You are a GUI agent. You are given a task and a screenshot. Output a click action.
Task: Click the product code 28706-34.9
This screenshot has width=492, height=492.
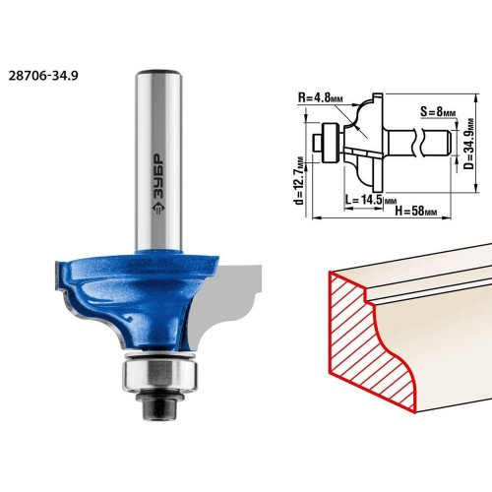click(43, 76)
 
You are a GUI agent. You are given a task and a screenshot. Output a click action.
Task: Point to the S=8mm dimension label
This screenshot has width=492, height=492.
click(438, 112)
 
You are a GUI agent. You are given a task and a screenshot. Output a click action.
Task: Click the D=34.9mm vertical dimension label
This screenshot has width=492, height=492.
click(469, 144)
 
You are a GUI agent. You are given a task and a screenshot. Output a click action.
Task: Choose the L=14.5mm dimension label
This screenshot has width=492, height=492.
click(371, 200)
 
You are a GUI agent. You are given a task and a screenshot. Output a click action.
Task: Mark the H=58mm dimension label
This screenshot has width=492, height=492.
click(416, 211)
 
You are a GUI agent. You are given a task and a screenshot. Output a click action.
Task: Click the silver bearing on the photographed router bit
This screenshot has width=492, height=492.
click(159, 372)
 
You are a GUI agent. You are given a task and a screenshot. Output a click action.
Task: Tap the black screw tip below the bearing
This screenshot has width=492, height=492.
click(159, 406)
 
